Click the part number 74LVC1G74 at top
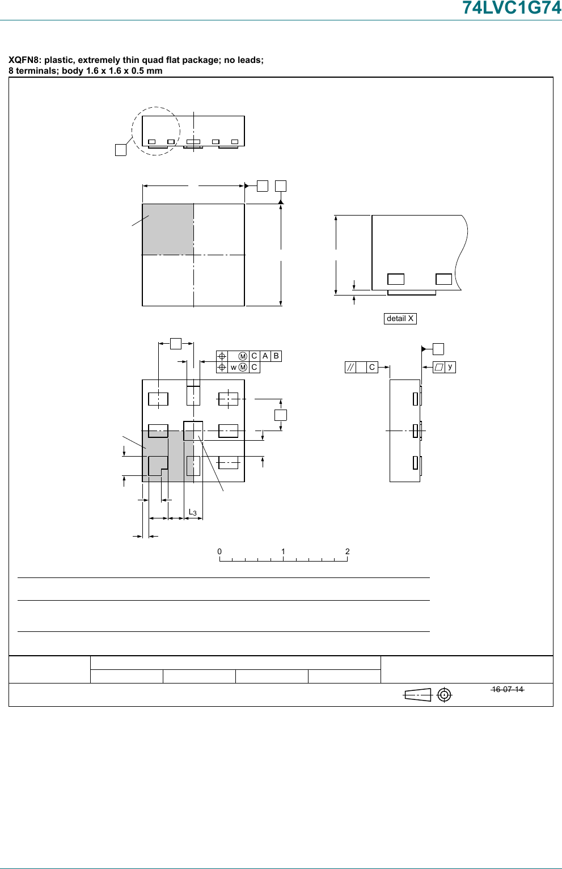(512, 7)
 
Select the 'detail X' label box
(400, 319)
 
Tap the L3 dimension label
(192, 512)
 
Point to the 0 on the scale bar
(219, 551)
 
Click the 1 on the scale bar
(283, 551)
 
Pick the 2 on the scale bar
(347, 551)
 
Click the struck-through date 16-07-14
(508, 689)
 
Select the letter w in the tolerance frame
(233, 368)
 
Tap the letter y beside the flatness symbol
(450, 366)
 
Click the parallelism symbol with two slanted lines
(350, 368)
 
